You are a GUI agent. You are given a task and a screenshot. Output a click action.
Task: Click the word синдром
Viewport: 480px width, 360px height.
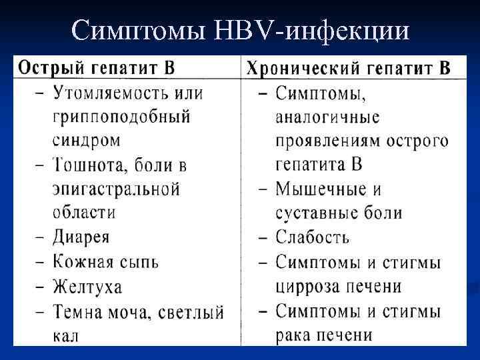tap(87, 141)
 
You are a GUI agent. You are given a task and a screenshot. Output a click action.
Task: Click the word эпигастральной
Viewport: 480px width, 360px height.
tap(116, 189)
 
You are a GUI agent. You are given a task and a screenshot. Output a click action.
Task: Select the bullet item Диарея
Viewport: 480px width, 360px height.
tap(81, 237)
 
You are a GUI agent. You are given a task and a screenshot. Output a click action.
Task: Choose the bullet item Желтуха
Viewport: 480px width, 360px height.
tap(87, 287)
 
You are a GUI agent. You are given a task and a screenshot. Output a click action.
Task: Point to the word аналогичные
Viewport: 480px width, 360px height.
tap(327, 117)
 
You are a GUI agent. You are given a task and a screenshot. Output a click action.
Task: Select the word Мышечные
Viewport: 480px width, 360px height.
tap(319, 189)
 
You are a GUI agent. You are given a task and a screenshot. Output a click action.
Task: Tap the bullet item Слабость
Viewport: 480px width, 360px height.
tap(313, 237)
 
